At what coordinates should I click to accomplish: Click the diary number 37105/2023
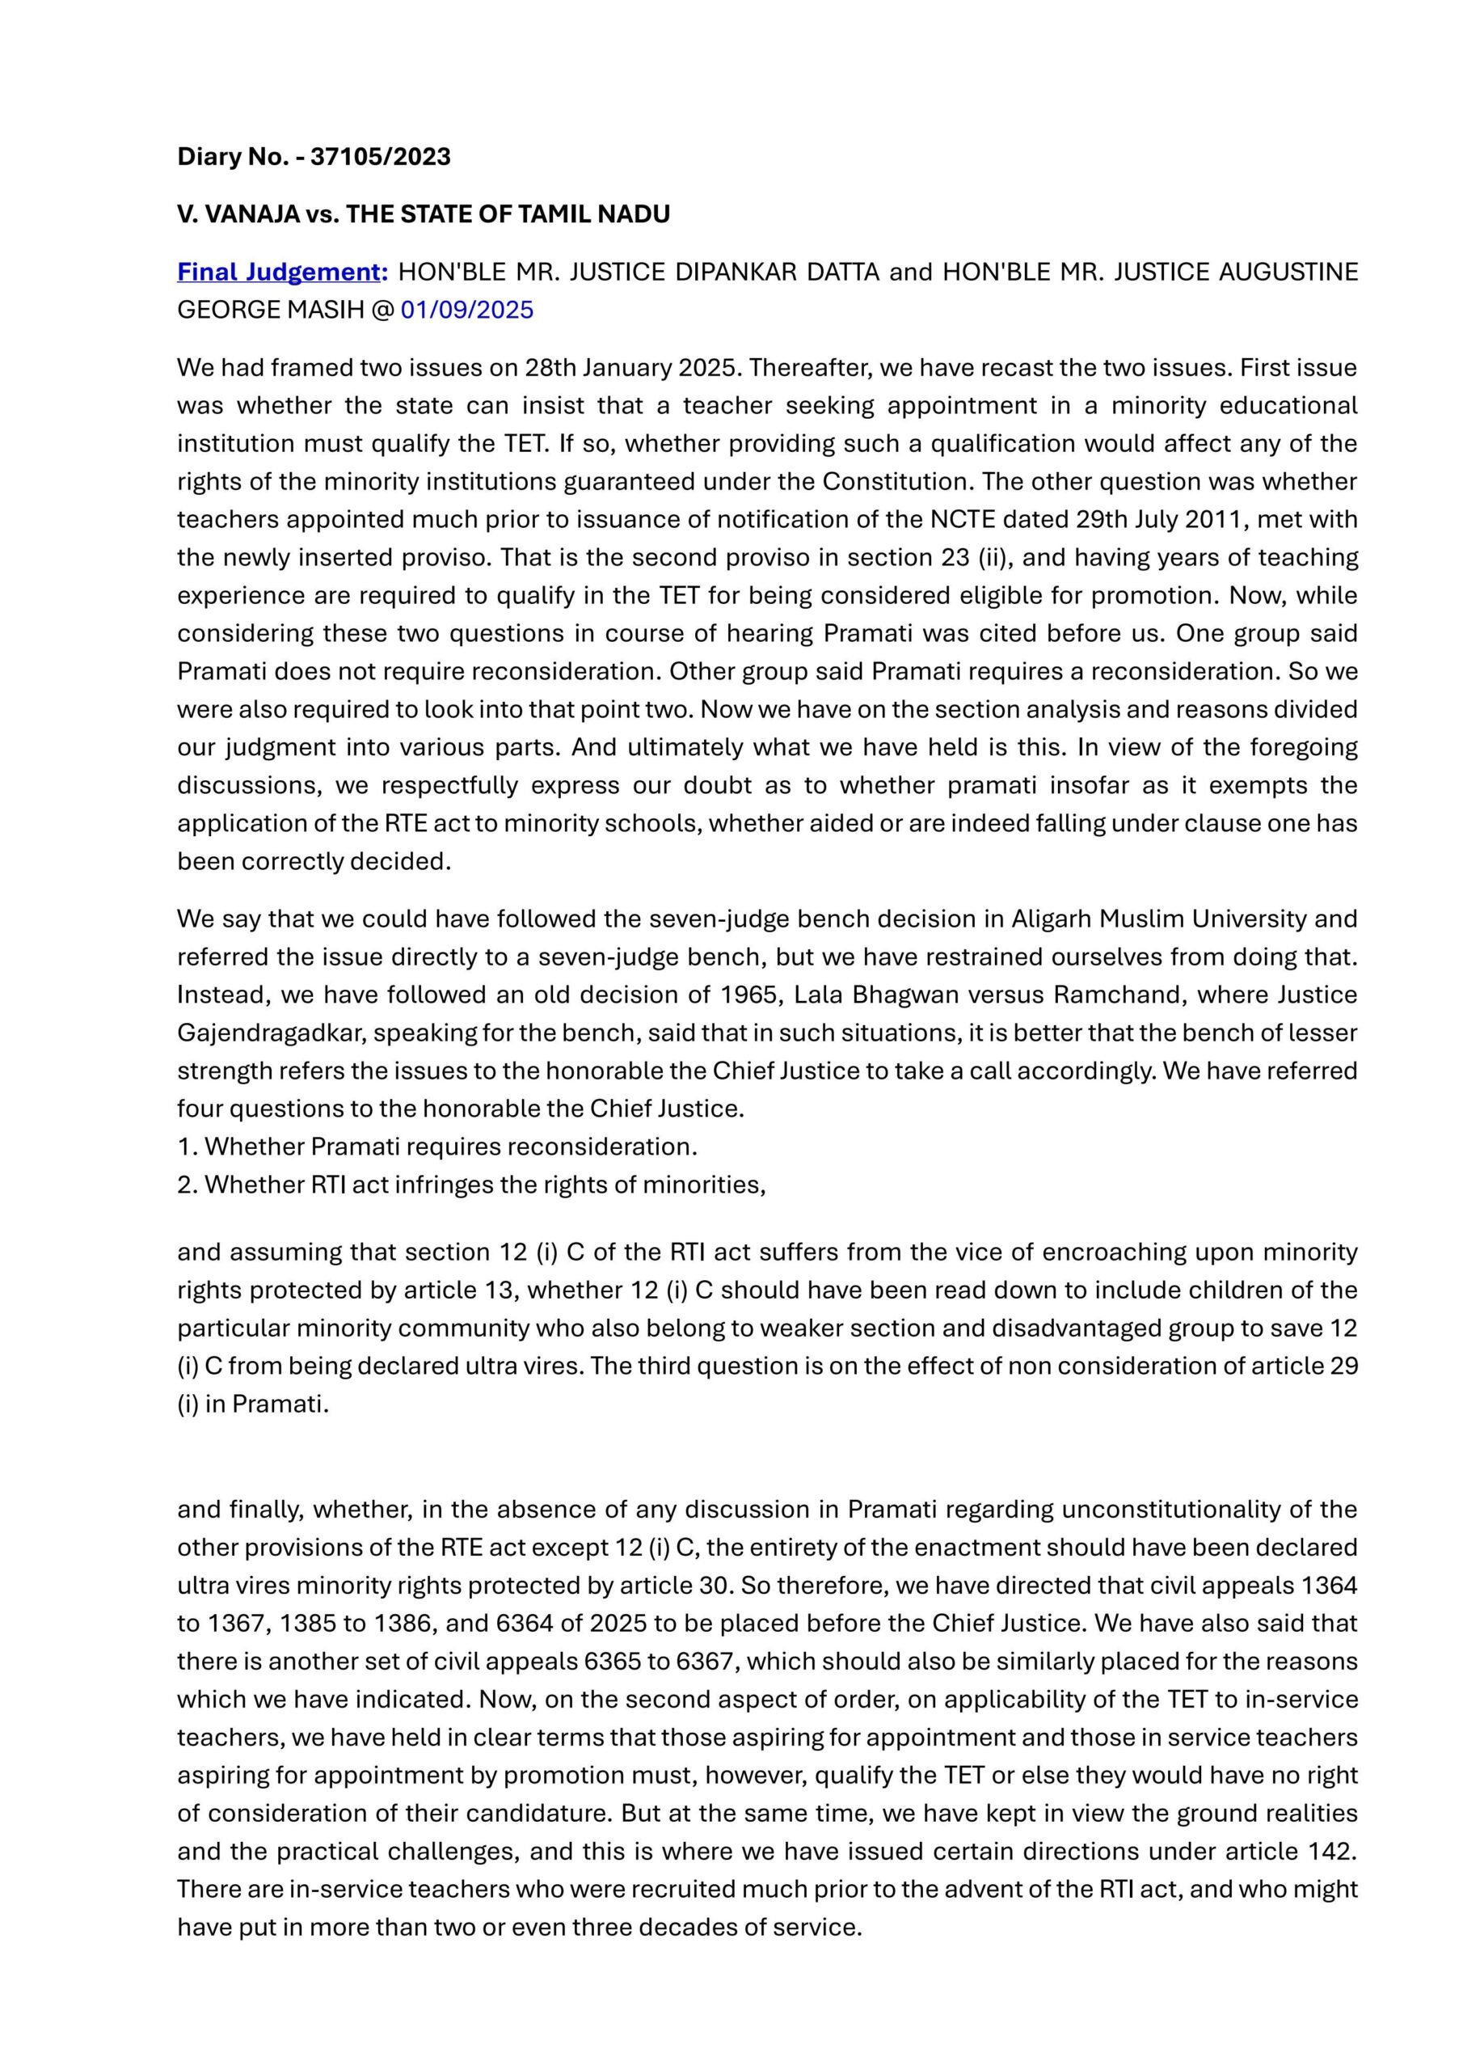[381, 157]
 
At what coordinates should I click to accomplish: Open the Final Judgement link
[282, 272]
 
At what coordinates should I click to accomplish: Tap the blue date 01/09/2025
[467, 310]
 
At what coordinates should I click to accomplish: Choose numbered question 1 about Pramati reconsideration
[437, 1147]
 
